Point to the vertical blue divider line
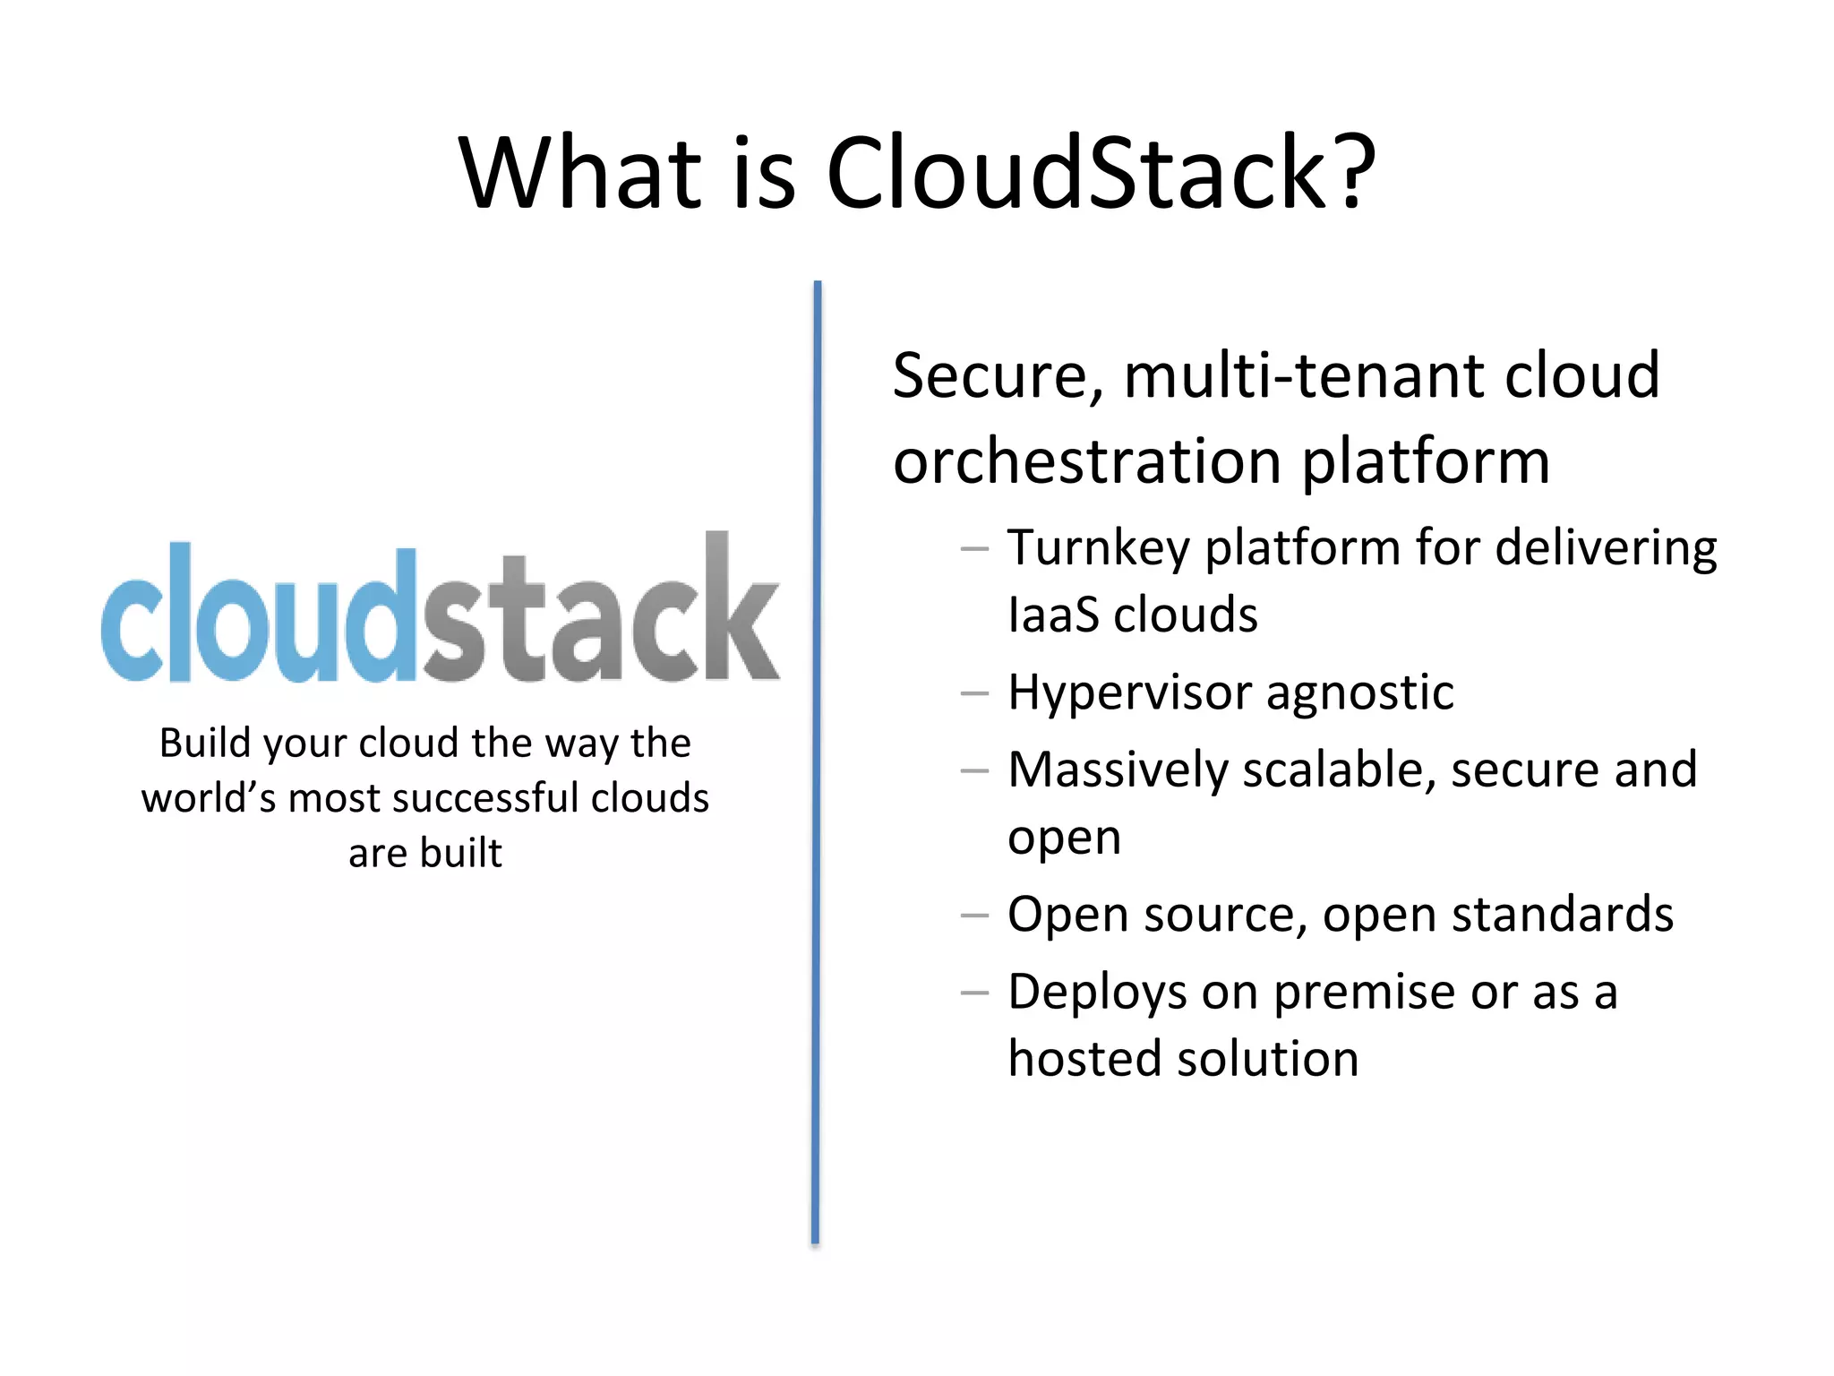pos(817,761)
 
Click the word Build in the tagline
pos(203,743)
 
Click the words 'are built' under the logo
pos(424,853)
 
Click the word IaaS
pos(1052,615)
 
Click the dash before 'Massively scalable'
pos(974,770)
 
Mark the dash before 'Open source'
pos(974,916)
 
